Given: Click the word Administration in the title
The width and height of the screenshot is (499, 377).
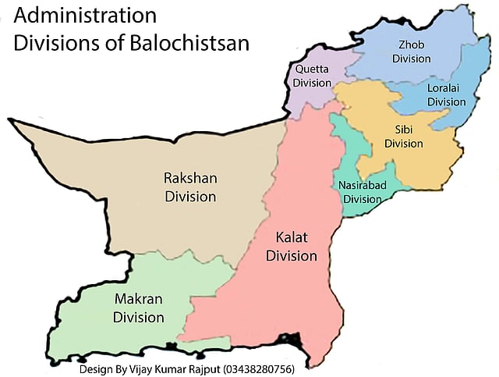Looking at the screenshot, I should [x=84, y=16].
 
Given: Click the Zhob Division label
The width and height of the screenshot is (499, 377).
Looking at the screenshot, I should [x=411, y=52].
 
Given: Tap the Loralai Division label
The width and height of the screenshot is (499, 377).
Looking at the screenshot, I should [x=446, y=94].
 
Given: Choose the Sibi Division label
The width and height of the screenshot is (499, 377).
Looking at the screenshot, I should [x=403, y=137].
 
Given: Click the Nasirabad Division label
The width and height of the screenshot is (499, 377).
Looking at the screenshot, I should [x=363, y=191].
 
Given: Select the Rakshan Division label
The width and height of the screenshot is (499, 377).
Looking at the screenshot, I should [x=189, y=187].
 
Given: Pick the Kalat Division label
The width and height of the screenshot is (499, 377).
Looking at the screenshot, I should [x=292, y=247].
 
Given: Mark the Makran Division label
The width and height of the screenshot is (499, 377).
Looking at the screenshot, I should [x=139, y=308].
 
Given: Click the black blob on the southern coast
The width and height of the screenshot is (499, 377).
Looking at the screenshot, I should [x=292, y=342].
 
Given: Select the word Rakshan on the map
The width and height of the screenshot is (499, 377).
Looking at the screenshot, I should [x=189, y=178].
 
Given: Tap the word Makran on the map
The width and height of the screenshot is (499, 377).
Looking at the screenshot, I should [x=139, y=300].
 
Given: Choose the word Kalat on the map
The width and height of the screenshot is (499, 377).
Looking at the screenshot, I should [x=292, y=238].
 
